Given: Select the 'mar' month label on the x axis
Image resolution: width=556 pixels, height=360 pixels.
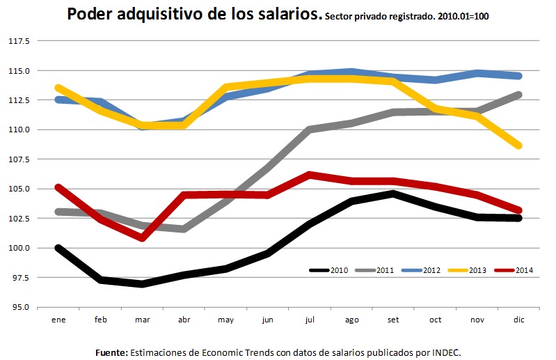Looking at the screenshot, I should click(143, 319).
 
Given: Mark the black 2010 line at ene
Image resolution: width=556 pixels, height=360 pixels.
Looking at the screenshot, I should click(59, 248).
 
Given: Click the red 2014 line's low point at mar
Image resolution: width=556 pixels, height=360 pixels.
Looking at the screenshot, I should click(143, 237).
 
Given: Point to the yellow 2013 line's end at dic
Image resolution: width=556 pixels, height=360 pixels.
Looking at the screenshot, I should click(519, 146).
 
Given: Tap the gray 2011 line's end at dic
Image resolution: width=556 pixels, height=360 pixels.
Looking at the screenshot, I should click(519, 95).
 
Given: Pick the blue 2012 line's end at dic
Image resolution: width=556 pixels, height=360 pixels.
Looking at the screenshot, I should click(519, 76).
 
